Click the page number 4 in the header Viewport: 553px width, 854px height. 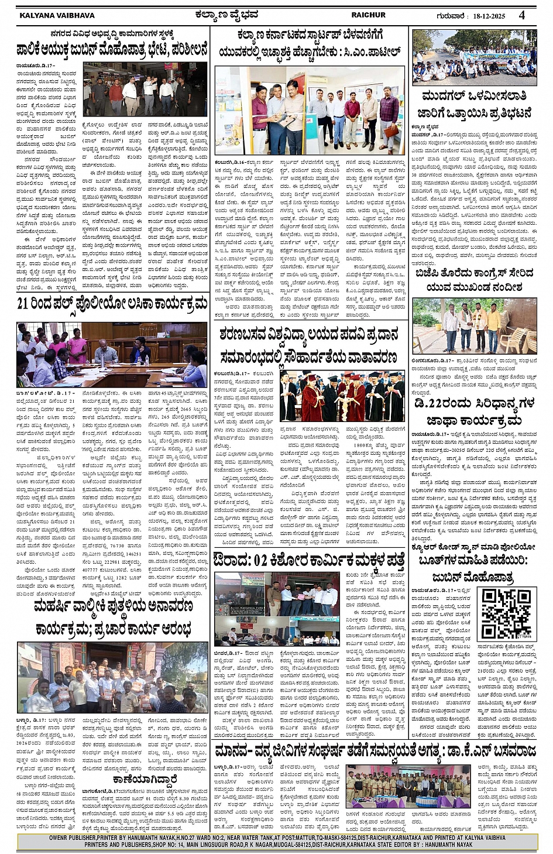[x=521, y=15]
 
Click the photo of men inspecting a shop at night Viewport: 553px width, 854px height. [x=145, y=88]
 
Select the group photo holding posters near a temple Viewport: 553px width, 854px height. [x=112, y=677]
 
